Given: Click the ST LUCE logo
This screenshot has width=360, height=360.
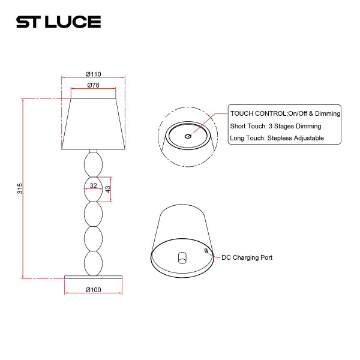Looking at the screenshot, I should coord(58,22).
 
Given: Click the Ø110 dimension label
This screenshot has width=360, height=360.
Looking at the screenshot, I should coord(93,74).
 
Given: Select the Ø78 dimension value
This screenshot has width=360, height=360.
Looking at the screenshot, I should coord(93,85).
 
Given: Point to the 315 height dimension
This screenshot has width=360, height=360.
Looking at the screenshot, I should coord(20,188).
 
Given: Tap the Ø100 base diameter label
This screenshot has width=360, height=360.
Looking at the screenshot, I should coord(93,290).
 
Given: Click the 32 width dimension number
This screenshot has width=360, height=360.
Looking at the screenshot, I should coord(93,186).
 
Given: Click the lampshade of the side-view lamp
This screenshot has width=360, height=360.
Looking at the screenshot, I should coord(93,123).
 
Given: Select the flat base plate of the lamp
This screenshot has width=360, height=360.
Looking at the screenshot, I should coord(93,276).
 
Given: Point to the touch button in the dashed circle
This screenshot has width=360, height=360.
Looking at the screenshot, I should coord(188,136).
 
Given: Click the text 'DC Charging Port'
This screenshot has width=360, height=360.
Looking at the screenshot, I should coord(247,257).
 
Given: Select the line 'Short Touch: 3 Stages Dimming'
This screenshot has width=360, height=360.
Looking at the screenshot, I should coord(275,126).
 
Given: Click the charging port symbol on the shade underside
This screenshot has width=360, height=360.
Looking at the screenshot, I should coord(206,251).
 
